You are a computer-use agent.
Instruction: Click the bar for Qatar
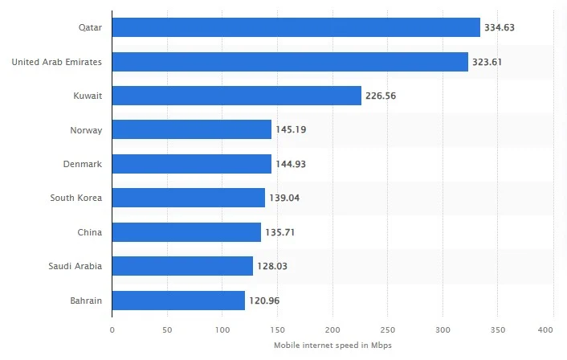point(296,27)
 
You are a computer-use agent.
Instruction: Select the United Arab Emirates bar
point(290,62)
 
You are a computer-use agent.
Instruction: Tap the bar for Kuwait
point(236,96)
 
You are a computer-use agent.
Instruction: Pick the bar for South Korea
point(188,198)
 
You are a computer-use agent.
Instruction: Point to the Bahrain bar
point(178,301)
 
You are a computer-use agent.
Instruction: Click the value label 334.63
point(499,28)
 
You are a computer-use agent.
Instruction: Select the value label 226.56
point(381,96)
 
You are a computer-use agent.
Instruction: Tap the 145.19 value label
point(291,130)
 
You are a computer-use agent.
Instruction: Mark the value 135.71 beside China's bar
point(280,232)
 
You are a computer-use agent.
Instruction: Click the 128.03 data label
point(272,266)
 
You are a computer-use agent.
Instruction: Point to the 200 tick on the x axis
point(332,329)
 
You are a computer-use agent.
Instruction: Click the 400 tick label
point(553,329)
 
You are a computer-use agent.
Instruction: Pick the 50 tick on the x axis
point(167,329)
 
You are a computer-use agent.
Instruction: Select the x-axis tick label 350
point(498,329)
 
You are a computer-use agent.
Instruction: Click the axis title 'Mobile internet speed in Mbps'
point(332,345)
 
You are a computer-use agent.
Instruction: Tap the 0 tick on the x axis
point(112,329)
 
